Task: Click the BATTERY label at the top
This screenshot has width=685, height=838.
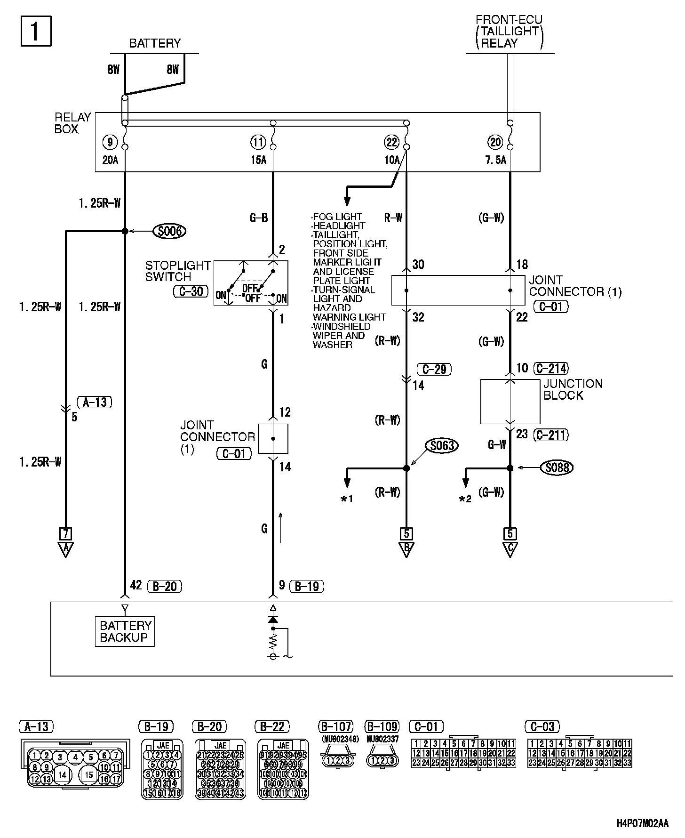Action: pyautogui.click(x=155, y=43)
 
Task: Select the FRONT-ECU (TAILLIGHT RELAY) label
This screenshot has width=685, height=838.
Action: pyautogui.click(x=509, y=32)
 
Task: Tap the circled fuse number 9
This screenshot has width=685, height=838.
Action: pyautogui.click(x=110, y=142)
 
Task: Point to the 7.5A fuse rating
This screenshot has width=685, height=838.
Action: pyautogui.click(x=495, y=160)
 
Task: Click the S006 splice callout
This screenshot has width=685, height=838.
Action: pyautogui.click(x=169, y=231)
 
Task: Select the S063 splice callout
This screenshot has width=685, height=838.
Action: pyautogui.click(x=442, y=445)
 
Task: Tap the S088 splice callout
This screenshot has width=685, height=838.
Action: pyautogui.click(x=558, y=467)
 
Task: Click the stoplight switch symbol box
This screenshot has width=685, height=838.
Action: pyautogui.click(x=251, y=283)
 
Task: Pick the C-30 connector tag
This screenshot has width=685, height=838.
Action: pyautogui.click(x=191, y=291)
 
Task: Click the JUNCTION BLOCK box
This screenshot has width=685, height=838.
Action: pyautogui.click(x=510, y=402)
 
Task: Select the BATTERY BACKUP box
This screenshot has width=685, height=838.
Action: pyautogui.click(x=125, y=631)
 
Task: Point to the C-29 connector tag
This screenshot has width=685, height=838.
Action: pyautogui.click(x=434, y=369)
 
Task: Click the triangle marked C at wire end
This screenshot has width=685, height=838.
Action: pyautogui.click(x=510, y=549)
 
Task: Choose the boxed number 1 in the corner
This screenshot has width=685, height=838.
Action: pyautogui.click(x=36, y=32)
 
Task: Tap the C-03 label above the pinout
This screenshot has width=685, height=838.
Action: pyautogui.click(x=542, y=726)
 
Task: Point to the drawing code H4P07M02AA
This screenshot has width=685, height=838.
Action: pyautogui.click(x=642, y=824)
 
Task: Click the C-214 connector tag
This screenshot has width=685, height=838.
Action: pyautogui.click(x=551, y=369)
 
